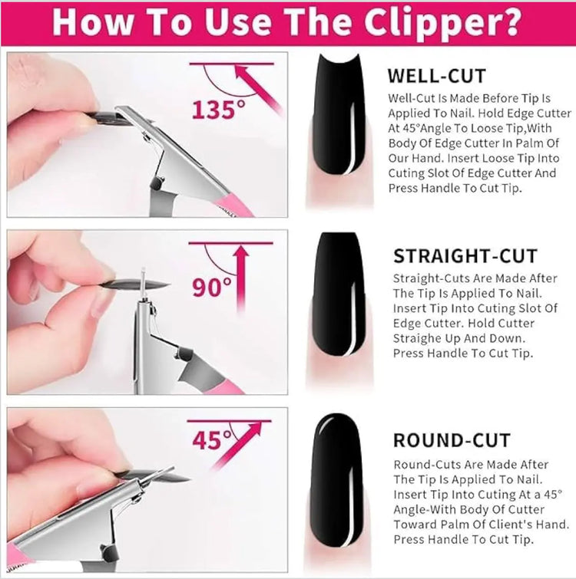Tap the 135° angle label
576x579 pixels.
pos(218,110)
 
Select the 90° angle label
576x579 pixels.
pos(211,287)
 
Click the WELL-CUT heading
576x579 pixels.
pos(437,76)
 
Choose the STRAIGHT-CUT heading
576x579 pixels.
pos(465,256)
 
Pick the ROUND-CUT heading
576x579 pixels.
pos(452,440)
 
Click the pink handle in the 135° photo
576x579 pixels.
pos(233,206)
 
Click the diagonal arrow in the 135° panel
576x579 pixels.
pos(258,88)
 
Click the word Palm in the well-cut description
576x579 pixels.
pos(532,143)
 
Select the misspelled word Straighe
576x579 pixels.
pos(417,339)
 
